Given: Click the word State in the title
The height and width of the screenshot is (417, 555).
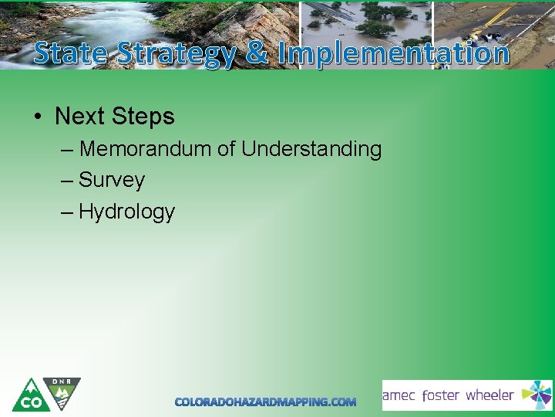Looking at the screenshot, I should point(72,53).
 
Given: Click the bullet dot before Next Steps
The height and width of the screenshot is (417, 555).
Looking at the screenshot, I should point(37,117).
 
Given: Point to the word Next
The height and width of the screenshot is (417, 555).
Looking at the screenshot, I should point(80,117).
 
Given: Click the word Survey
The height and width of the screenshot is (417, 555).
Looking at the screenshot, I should point(111,180).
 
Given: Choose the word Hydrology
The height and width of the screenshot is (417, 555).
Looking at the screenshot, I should point(126,212).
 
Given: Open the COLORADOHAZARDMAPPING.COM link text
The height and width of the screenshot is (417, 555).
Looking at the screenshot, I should point(265,402).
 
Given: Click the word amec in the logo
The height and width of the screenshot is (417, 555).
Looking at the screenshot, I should point(399,395).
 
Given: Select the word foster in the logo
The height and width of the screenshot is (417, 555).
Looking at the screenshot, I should point(441,395).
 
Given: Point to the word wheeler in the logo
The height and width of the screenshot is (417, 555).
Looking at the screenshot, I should point(489,395).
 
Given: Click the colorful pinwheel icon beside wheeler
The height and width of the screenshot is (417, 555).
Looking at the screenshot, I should point(536,395).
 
